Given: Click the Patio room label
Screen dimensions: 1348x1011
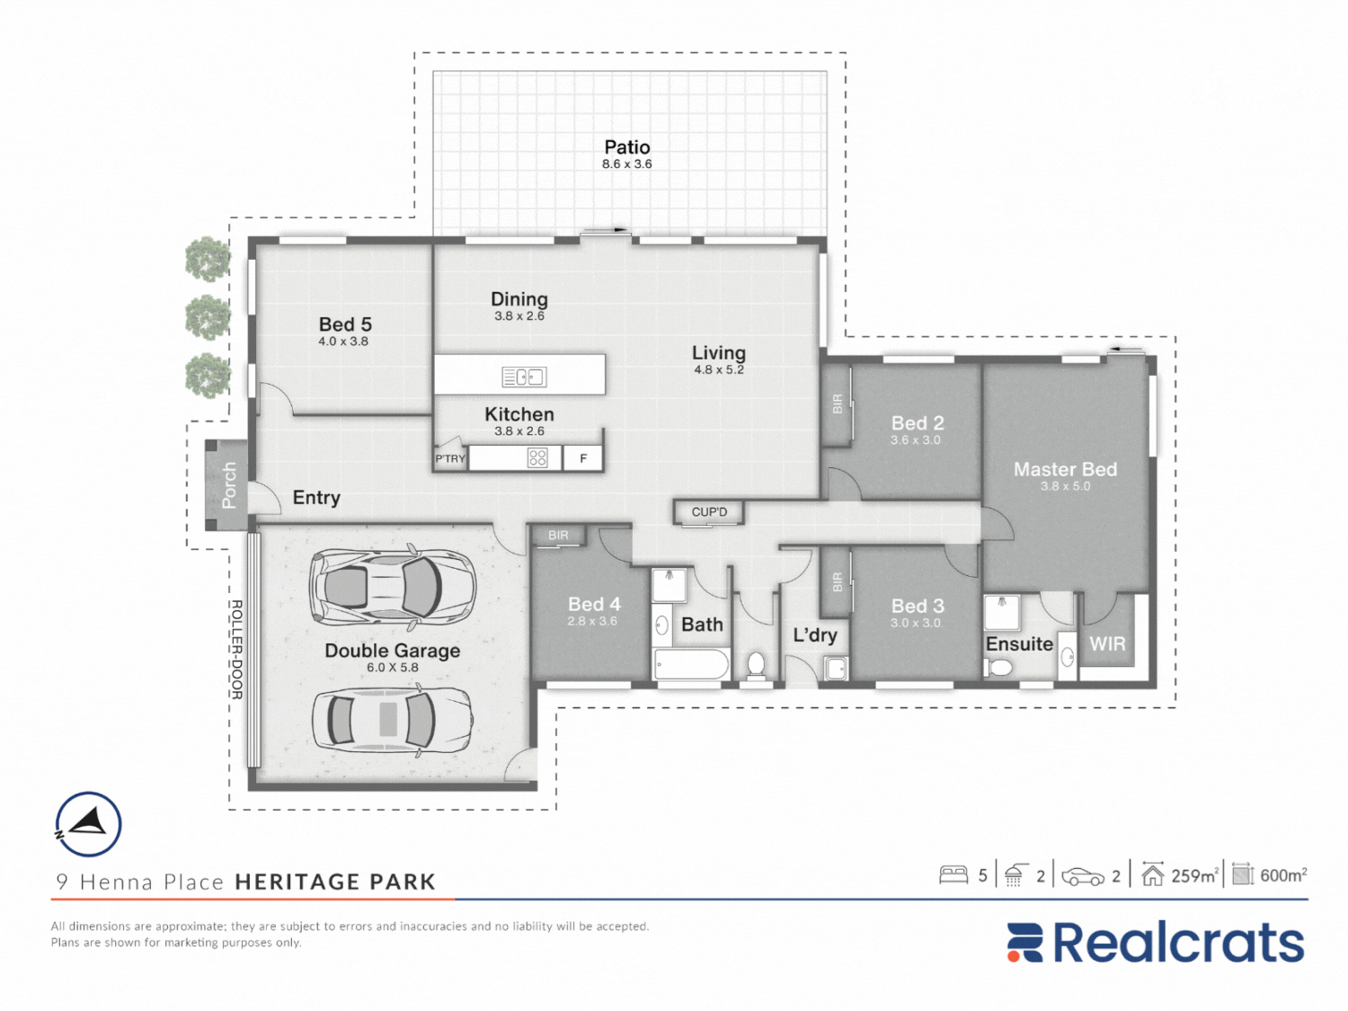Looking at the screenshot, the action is point(627,147).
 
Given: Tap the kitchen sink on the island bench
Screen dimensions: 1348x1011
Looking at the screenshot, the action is point(525,377).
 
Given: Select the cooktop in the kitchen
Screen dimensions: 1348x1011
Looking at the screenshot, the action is point(537,457).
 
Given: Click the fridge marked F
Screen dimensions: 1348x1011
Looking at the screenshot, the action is point(583,458).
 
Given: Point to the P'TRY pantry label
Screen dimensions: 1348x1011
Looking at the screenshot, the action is point(450,458).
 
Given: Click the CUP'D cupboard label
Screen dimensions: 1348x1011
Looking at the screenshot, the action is point(709,512).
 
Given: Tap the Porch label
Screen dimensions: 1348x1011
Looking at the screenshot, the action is point(228,485).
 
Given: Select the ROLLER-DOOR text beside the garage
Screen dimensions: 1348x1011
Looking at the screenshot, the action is point(237,650).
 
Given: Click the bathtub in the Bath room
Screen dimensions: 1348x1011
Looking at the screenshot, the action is point(691,663).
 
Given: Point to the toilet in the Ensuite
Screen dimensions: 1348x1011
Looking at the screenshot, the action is point(998,667).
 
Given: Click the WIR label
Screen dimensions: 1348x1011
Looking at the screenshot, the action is point(1107,644).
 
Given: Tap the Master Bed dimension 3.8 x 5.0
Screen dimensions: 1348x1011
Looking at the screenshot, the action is point(1065,486).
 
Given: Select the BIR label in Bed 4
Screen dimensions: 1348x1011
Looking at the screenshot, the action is point(558,536).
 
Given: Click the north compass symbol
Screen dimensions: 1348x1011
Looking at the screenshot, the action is point(88,824).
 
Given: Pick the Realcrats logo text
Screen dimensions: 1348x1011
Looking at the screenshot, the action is point(1179,943).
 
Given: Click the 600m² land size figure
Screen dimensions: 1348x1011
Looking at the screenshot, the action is point(1283,875).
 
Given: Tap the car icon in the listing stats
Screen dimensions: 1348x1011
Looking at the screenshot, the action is point(1084,876).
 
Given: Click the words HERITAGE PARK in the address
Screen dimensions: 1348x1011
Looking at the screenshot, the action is point(335,882).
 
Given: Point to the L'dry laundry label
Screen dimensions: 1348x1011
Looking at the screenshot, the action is point(814,634).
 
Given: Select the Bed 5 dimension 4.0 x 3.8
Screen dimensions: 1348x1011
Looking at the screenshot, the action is point(343,341).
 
